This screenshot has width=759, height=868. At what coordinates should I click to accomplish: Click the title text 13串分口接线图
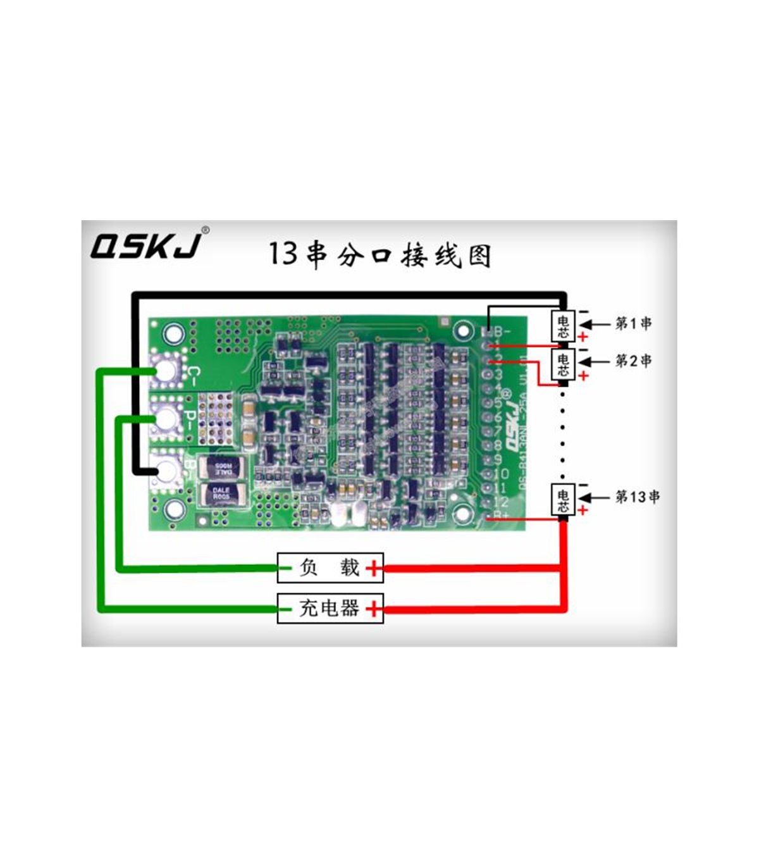379,254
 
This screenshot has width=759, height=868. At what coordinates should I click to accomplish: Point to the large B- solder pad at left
166,469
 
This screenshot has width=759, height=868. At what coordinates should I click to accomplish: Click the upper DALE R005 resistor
221,467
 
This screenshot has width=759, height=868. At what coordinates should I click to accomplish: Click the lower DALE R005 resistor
221,493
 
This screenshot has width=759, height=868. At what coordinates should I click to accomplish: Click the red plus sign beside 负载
374,568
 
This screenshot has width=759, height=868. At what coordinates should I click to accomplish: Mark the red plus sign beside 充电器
374,609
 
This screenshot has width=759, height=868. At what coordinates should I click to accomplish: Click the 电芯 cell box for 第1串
563,326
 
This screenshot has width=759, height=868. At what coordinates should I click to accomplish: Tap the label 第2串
633,361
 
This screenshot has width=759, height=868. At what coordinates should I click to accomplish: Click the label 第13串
637,497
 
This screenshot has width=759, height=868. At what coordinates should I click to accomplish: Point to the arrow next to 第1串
595,324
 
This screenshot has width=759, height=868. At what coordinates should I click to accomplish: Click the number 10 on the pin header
501,473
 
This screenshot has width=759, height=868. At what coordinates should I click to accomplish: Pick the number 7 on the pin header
498,430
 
